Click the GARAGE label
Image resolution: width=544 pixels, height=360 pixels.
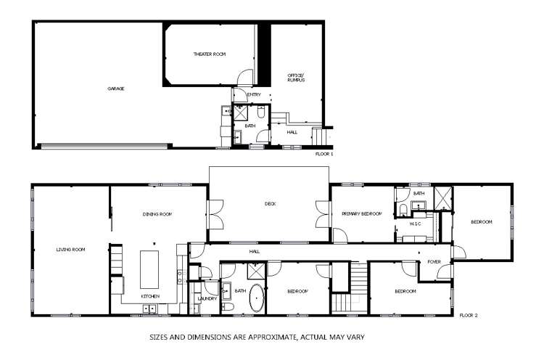point(116,89)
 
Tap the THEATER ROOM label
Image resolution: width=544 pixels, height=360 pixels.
point(210,54)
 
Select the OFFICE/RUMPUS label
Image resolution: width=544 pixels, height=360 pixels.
point(294,78)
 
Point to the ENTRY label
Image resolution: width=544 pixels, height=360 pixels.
point(254,95)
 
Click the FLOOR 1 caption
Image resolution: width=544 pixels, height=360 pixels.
point(324,154)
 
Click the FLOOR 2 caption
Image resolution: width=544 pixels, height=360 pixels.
point(469,316)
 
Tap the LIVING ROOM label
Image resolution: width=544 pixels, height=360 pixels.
point(70,250)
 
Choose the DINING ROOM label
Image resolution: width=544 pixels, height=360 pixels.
point(155,214)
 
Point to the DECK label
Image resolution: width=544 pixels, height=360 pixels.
point(270,204)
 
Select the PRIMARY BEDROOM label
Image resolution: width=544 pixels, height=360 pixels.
point(362,214)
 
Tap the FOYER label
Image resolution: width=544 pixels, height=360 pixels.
point(434,261)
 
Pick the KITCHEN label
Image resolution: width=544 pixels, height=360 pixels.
point(150,296)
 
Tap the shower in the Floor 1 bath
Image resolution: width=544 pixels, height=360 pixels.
point(260,112)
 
